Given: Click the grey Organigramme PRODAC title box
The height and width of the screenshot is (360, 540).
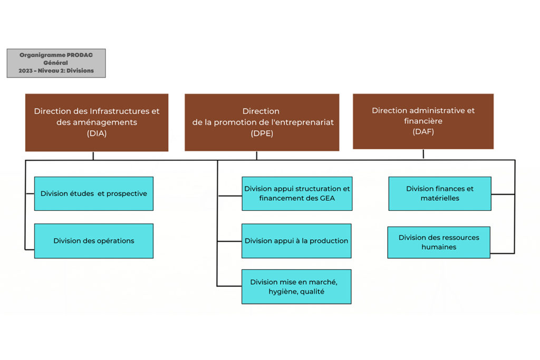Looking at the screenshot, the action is (56, 63).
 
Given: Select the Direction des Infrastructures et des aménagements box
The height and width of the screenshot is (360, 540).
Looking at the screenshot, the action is (97, 122).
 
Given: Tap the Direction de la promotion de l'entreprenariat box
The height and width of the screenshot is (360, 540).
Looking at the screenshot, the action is (262, 122).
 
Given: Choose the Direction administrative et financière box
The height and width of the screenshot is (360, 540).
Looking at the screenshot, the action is (423, 121).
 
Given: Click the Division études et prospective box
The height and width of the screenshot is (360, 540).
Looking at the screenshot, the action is (94, 193).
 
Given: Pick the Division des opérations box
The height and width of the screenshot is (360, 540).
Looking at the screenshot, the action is (94, 241).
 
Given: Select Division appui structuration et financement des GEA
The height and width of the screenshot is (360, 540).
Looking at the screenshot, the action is (297, 193).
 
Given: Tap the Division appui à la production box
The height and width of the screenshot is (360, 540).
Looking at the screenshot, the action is (296, 241).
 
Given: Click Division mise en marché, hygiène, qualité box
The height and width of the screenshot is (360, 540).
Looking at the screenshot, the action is (296, 287).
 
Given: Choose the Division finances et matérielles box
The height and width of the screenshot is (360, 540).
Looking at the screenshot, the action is (440, 193).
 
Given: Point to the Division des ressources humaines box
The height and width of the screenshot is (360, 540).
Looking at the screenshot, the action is (439, 242).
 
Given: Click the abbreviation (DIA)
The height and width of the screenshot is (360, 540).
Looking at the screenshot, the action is (97, 133).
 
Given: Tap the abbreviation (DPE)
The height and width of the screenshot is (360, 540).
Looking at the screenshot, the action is (262, 133).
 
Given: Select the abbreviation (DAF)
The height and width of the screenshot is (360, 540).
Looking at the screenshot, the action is (423, 132).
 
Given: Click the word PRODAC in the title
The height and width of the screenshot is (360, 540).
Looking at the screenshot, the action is (80, 55).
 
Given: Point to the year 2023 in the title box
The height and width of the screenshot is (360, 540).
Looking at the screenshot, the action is (25, 71).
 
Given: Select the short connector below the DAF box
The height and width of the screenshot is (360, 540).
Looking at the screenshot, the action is (423, 154).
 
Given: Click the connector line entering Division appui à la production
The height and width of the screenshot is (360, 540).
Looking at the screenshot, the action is (230, 241).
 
